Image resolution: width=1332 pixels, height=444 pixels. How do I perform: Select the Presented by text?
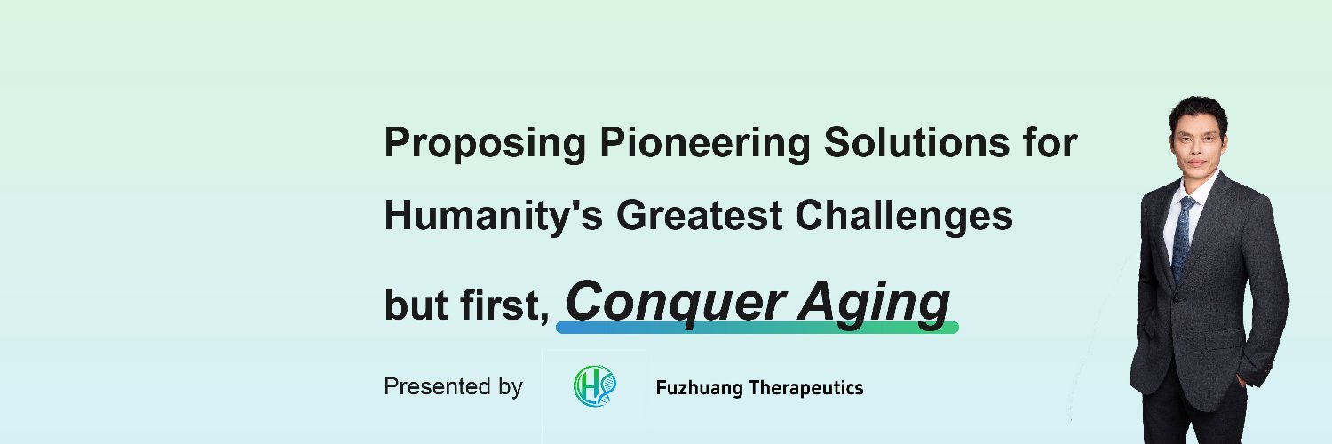pyautogui.click(x=453, y=387)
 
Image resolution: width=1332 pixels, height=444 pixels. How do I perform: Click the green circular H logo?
pyautogui.click(x=594, y=387)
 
